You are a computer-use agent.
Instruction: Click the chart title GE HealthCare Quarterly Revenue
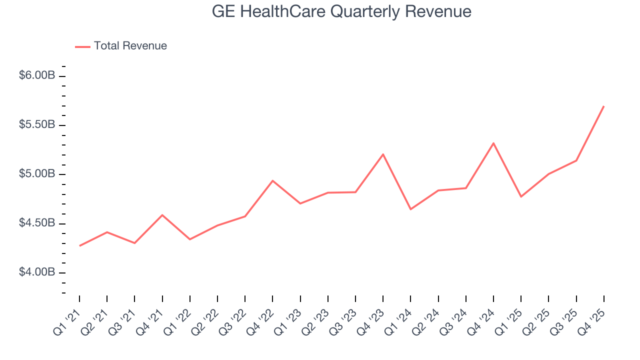[x=341, y=12]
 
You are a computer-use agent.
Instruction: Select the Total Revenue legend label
[x=130, y=46]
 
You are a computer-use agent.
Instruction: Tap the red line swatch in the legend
[x=82, y=46]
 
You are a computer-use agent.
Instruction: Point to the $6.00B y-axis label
[x=37, y=75]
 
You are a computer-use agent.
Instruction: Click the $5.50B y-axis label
[x=37, y=124]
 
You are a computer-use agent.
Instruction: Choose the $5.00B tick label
[x=37, y=174]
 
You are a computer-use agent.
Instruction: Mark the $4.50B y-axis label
[x=37, y=223]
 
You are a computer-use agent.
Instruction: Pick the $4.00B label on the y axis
[x=37, y=272]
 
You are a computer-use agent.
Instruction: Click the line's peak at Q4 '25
[x=603, y=106]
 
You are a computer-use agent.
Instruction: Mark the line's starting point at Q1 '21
[x=79, y=245]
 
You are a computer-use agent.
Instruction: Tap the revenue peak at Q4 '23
[x=383, y=154]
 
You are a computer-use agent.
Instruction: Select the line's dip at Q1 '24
[x=410, y=209]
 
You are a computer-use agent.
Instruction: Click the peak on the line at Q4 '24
[x=493, y=143]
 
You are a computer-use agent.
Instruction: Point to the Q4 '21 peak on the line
[x=162, y=215]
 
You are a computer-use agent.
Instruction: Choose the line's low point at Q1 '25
[x=521, y=196]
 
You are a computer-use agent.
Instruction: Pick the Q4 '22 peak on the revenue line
[x=272, y=180]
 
